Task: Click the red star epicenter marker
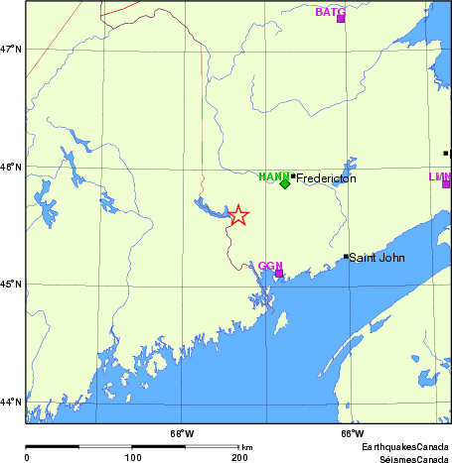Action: coord(238,215)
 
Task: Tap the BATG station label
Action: coord(330,11)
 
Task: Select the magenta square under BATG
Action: coord(341,19)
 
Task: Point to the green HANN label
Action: coord(273,176)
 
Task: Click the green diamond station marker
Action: coord(285,183)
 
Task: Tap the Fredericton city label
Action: coord(326,178)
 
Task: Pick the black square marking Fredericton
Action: coord(293,175)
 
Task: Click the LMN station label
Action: coord(439,176)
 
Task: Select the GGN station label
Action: coord(270,265)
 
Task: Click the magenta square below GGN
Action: coord(279,273)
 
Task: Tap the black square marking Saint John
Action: coord(346,257)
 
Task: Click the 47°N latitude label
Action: coord(12,49)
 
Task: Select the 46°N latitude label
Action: coord(12,167)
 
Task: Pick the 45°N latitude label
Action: coord(12,285)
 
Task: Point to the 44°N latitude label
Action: coord(12,403)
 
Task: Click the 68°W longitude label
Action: coord(182,433)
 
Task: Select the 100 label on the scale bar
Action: coord(132,457)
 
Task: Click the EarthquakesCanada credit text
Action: coord(404,448)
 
